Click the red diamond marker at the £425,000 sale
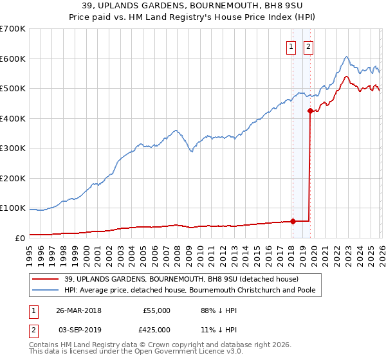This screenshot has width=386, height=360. (x=310, y=111)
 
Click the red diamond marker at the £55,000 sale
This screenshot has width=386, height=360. (x=293, y=221)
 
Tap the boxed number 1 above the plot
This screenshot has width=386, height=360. (x=291, y=46)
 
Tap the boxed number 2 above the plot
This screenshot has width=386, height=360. (x=308, y=46)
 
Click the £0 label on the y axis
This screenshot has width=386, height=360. (x=19, y=238)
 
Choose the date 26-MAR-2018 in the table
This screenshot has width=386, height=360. (x=78, y=310)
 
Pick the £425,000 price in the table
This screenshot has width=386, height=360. (x=156, y=329)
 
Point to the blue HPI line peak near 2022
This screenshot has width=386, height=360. (x=346, y=57)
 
